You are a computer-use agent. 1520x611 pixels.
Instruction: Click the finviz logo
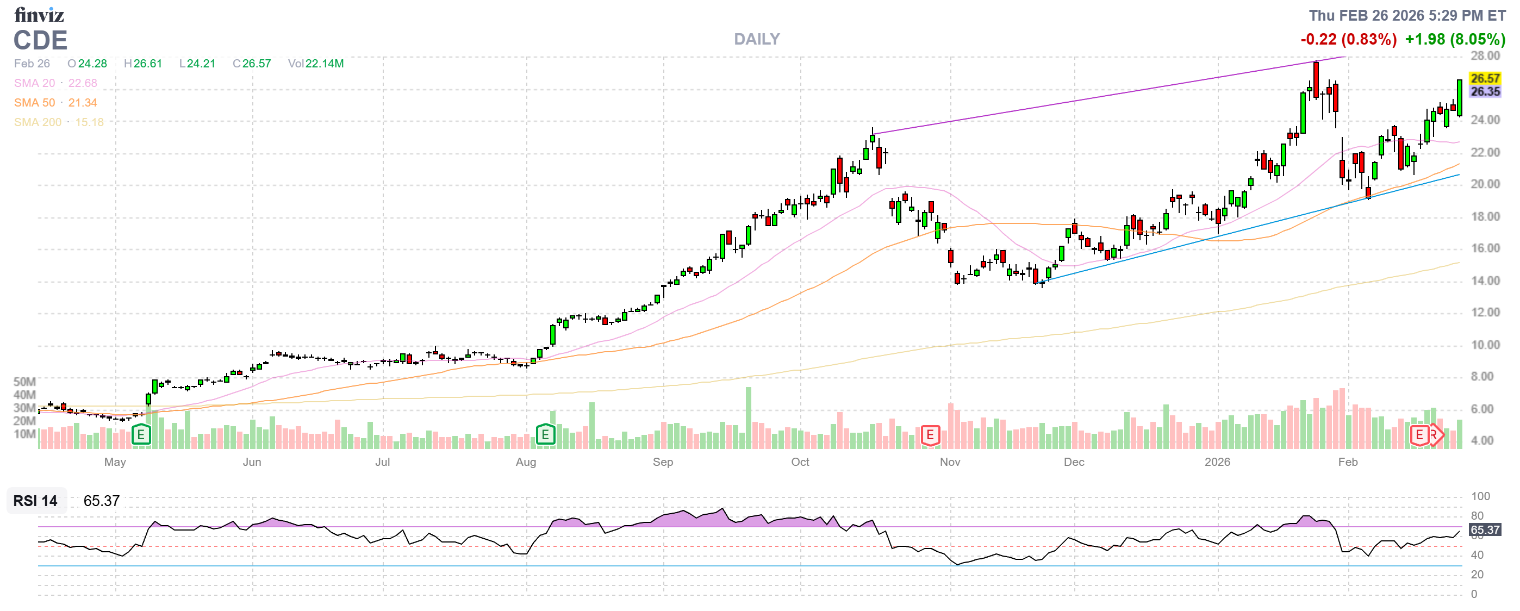tap(39, 14)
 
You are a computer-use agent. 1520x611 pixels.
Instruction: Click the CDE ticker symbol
tap(40, 41)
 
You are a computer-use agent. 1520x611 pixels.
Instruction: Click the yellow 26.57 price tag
tap(1485, 78)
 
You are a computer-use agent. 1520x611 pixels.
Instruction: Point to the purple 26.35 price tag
tap(1485, 91)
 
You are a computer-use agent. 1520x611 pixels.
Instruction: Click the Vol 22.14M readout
tap(316, 64)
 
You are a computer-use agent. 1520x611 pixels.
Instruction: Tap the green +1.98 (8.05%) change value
tap(1455, 40)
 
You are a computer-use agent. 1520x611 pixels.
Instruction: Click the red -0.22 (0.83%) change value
tap(1348, 40)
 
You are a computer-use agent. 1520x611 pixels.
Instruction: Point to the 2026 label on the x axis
tap(1217, 462)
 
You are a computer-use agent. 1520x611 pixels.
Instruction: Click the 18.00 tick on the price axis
tap(1485, 216)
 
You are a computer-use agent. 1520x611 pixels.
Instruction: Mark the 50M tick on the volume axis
tap(24, 382)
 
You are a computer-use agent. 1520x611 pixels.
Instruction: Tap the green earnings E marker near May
tap(140, 435)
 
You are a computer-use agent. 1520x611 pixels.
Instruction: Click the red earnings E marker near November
tap(930, 435)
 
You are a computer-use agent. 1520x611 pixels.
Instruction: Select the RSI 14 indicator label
tap(35, 501)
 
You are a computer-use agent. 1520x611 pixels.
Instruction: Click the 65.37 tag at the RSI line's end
tap(1485, 529)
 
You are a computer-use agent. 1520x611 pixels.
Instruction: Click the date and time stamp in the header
tap(1407, 15)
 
